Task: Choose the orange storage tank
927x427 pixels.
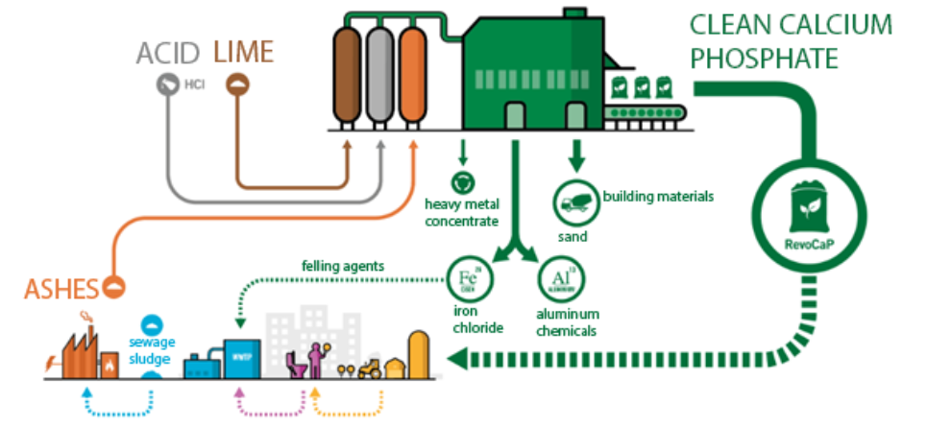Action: point(412,71)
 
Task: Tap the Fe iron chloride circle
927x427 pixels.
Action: point(465,277)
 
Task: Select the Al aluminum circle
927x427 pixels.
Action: point(553,277)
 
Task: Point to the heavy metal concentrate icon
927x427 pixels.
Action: point(463,180)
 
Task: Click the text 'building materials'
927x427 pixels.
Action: point(658,197)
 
